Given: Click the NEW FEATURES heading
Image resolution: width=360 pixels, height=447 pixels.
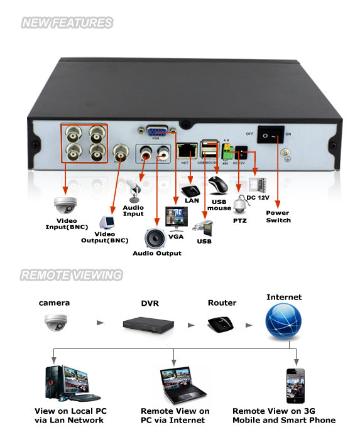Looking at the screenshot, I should pos(67,23).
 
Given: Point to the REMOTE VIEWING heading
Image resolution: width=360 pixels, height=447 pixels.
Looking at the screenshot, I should pos(71,275).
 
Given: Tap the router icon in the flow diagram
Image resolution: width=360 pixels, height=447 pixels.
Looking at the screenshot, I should pos(221,324).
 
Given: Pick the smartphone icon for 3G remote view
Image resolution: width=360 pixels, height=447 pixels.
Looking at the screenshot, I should pos(295,385).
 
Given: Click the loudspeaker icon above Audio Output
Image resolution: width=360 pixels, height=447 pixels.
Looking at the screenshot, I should pos(155,238).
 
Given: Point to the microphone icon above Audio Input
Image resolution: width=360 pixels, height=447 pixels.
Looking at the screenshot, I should pos(134,188).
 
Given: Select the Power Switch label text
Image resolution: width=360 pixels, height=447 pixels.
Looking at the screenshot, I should pos(278,217).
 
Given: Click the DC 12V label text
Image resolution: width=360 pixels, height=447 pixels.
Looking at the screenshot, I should pos(259,198).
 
